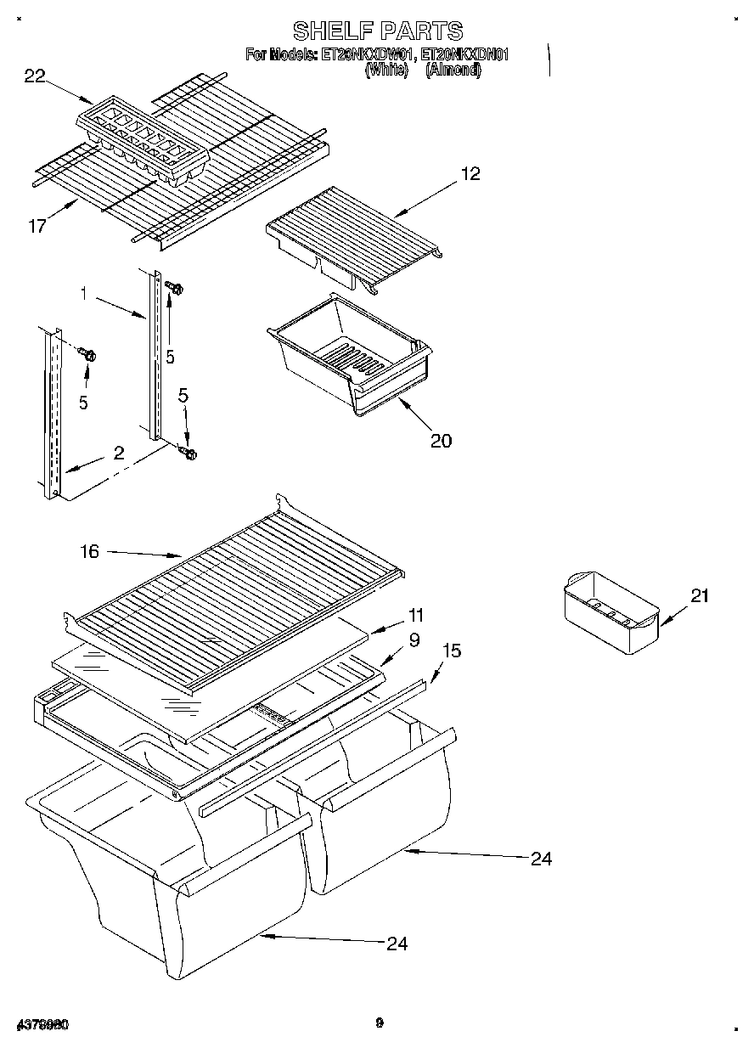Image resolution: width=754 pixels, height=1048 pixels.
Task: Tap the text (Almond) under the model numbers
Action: point(453,71)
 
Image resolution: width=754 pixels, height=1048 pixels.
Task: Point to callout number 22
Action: point(35,76)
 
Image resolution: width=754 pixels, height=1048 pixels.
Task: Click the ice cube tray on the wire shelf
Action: point(143,140)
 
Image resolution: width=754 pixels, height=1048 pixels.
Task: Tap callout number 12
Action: point(470,174)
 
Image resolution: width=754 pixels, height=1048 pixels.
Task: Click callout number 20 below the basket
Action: point(441,440)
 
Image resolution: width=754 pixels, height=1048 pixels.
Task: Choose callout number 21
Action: point(698,595)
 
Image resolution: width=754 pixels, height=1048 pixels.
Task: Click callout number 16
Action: point(88,552)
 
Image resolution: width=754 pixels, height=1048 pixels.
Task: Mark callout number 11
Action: point(415,614)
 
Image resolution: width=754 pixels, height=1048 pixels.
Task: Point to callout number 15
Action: point(452,651)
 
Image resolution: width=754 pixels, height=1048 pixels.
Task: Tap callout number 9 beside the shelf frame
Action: point(414,640)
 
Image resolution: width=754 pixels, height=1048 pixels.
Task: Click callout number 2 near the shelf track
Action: point(119,454)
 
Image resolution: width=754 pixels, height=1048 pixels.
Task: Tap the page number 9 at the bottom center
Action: point(380,1023)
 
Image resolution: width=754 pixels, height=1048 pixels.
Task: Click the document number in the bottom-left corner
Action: point(42,1025)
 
